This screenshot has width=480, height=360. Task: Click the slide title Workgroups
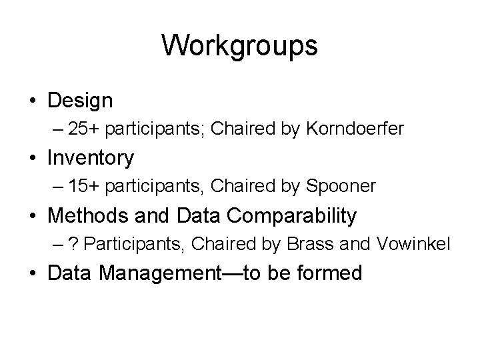[239, 46]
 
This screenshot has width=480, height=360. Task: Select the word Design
[81, 101]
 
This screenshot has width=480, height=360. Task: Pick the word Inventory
[91, 158]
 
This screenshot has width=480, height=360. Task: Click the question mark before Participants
[77, 245]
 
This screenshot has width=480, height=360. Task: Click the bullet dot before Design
[33, 102]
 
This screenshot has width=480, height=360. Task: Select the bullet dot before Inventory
[33, 159]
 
